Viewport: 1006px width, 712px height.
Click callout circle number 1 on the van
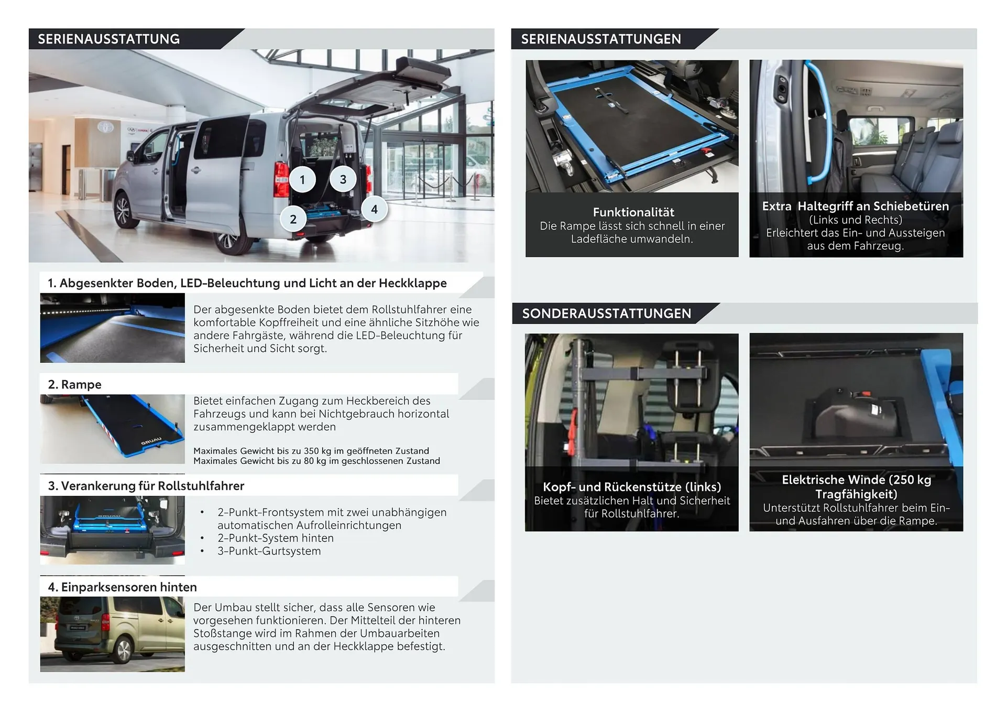pos(302,180)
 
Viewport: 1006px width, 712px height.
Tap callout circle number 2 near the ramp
pos(293,220)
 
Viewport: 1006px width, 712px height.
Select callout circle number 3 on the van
pos(343,179)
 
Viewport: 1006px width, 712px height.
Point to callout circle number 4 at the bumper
pos(374,209)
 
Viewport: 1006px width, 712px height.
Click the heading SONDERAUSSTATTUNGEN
pos(606,314)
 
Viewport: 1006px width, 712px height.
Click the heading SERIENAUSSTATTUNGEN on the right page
pos(600,39)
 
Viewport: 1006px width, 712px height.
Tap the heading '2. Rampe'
pos(74,384)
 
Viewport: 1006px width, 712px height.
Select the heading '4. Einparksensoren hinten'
pos(122,587)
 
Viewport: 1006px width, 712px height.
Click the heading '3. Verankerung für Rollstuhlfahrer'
pos(146,486)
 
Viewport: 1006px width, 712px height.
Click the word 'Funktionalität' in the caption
pos(633,212)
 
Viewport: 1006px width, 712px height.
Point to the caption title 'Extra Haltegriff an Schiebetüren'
pos(855,207)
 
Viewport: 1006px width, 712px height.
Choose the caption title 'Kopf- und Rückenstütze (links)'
pos(632,487)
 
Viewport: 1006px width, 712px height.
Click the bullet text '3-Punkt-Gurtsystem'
pos(269,551)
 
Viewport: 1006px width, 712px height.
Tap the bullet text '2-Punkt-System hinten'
pos(275,538)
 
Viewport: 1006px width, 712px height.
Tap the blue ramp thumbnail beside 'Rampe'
pos(112,429)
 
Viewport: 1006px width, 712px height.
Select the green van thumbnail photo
pos(112,634)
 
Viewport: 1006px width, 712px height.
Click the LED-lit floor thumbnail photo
pos(112,328)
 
